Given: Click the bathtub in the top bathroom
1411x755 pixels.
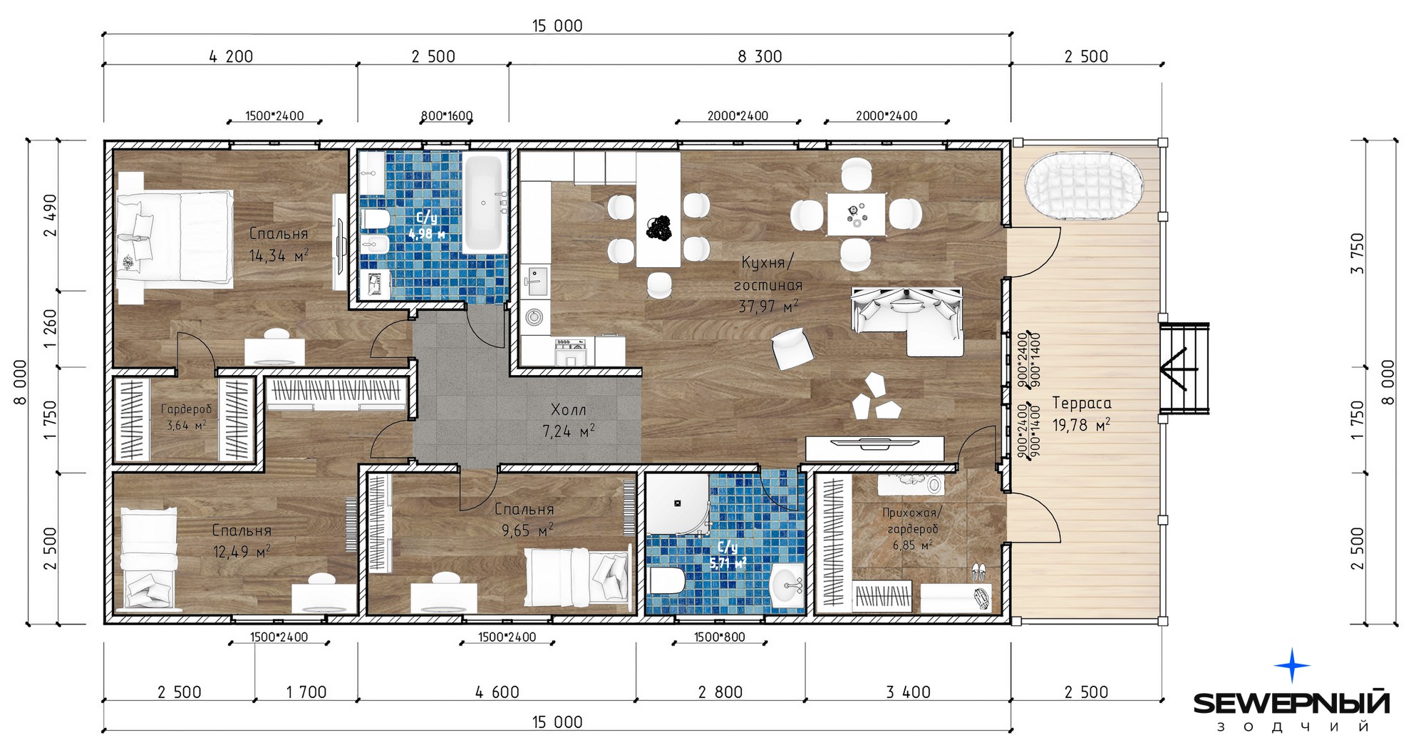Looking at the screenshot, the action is pyautogui.click(x=484, y=204).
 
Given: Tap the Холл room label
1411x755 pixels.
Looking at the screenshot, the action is pyautogui.click(x=569, y=410).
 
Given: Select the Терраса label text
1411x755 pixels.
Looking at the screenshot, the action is pyautogui.click(x=1082, y=404).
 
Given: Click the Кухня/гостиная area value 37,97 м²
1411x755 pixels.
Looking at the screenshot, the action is pyautogui.click(x=768, y=307).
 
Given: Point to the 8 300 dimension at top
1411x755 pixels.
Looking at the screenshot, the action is pyautogui.click(x=760, y=56).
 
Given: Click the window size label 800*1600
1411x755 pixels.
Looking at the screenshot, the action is pyautogui.click(x=447, y=115).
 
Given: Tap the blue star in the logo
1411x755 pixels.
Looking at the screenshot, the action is pyautogui.click(x=1291, y=666).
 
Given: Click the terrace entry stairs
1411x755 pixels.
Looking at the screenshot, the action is pyautogui.click(x=1184, y=368).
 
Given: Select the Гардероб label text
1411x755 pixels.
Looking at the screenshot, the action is pyautogui.click(x=186, y=410).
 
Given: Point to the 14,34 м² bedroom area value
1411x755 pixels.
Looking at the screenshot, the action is pyautogui.click(x=279, y=255).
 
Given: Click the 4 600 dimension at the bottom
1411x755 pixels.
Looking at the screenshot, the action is pyautogui.click(x=497, y=692).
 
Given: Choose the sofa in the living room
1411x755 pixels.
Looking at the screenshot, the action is pyautogui.click(x=906, y=320).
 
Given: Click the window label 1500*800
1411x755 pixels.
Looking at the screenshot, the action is pyautogui.click(x=719, y=637).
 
